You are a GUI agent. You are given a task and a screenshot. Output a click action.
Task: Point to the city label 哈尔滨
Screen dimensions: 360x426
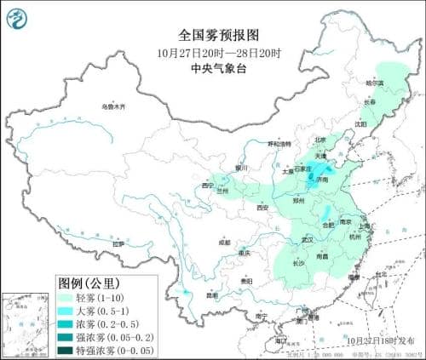(375, 83)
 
